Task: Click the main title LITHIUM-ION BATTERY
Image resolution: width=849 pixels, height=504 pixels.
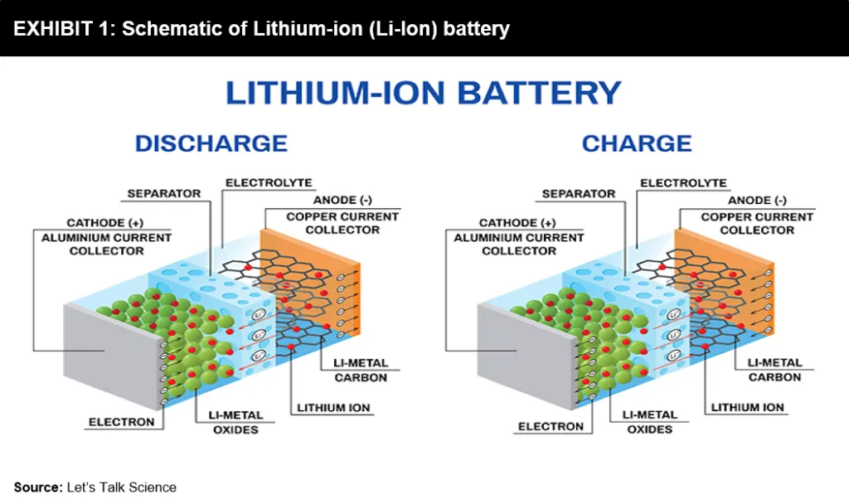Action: [423, 93]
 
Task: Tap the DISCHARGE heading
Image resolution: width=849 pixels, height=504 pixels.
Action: [211, 143]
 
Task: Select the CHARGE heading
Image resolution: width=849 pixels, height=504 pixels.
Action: [637, 143]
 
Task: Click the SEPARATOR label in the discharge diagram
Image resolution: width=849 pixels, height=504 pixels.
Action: [164, 193]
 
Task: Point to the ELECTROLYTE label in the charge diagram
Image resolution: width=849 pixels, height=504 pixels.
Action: [683, 183]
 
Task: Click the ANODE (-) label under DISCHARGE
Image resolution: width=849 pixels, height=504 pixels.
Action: [342, 200]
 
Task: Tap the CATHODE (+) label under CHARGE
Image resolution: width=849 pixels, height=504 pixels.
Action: [517, 222]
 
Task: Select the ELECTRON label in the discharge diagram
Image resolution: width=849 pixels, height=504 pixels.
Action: [122, 422]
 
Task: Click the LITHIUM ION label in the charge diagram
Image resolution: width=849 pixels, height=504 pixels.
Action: [747, 407]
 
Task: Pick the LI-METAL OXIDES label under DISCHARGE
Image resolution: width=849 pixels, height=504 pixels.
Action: [235, 422]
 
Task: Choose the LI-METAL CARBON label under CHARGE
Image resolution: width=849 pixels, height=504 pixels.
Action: [775, 370]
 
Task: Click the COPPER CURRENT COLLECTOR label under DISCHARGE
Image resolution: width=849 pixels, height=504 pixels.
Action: [342, 223]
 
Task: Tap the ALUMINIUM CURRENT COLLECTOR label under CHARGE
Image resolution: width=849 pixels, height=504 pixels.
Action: [519, 245]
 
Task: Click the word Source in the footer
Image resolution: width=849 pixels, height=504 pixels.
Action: [38, 487]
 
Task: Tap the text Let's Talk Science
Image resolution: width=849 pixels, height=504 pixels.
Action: [122, 487]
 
